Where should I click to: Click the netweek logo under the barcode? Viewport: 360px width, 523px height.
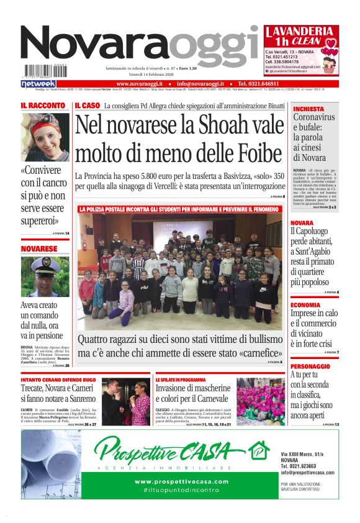pyautogui.click(x=38, y=83)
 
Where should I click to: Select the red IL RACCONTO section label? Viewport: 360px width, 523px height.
pyautogui.click(x=43, y=106)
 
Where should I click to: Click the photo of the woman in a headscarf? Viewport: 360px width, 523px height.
pyautogui.click(x=45, y=137)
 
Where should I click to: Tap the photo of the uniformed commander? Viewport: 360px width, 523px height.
pyautogui.click(x=45, y=276)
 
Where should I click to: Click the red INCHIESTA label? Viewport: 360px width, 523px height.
pyautogui.click(x=308, y=109)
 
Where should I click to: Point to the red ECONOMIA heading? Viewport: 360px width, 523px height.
pyautogui.click(x=305, y=305)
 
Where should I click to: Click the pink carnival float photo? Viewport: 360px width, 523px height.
pyautogui.click(x=261, y=402)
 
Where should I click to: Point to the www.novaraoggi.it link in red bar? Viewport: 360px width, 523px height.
pyautogui.click(x=140, y=83)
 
